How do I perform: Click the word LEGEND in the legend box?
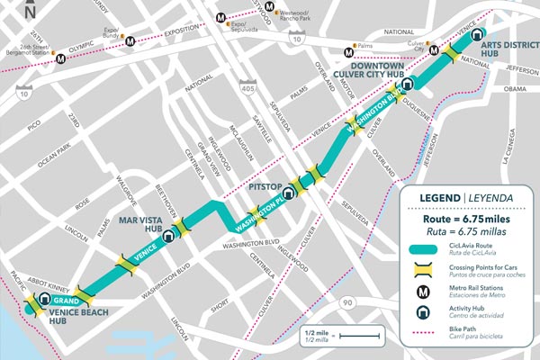[x=433, y=198]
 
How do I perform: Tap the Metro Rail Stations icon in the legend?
[x=420, y=292]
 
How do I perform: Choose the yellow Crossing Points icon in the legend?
[x=420, y=270]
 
